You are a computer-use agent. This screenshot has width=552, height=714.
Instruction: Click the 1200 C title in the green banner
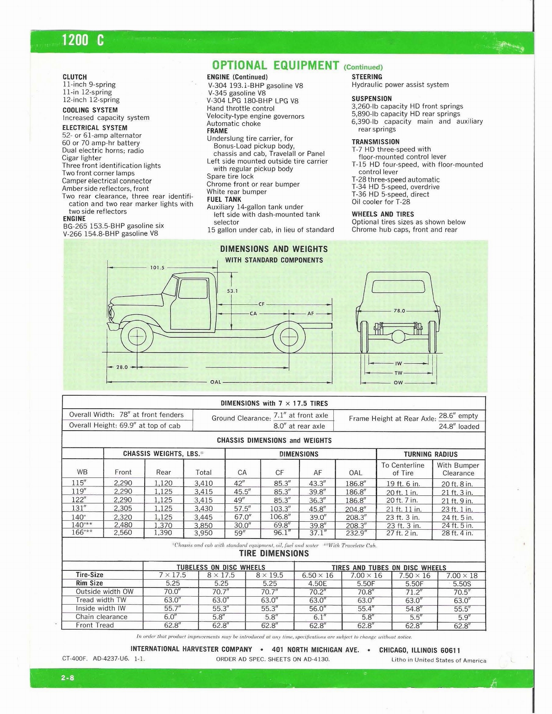[x=83, y=41]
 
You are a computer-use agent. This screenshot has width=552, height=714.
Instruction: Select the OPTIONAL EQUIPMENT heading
[x=275, y=66]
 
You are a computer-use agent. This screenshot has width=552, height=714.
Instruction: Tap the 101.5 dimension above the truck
[x=157, y=268]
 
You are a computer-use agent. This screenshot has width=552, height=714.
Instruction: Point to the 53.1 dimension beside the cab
[x=232, y=291]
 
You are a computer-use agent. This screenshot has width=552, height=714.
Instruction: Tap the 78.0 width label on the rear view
[x=399, y=311]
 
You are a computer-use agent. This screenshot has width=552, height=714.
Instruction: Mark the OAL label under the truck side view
[x=216, y=382]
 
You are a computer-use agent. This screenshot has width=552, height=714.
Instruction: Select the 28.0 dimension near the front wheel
[x=122, y=367]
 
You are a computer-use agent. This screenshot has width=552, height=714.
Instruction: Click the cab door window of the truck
[x=193, y=290]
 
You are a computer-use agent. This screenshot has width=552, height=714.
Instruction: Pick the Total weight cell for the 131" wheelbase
[x=203, y=509]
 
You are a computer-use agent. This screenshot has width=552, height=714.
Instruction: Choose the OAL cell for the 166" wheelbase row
[x=356, y=533]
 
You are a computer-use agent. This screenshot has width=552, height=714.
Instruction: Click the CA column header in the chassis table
[x=242, y=473]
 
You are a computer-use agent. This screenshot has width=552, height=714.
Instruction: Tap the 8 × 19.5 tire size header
[x=270, y=575]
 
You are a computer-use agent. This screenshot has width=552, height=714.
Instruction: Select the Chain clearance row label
[x=101, y=617]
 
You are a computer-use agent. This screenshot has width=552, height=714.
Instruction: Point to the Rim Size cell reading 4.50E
[x=317, y=584]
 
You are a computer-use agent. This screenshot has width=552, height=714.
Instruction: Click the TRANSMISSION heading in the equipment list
[x=375, y=142]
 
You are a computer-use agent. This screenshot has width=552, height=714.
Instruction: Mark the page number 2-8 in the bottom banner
[x=68, y=678]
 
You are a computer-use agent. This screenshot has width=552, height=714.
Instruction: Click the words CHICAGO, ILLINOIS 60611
[x=419, y=650]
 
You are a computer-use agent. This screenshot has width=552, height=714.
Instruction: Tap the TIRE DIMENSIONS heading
[x=274, y=554]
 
